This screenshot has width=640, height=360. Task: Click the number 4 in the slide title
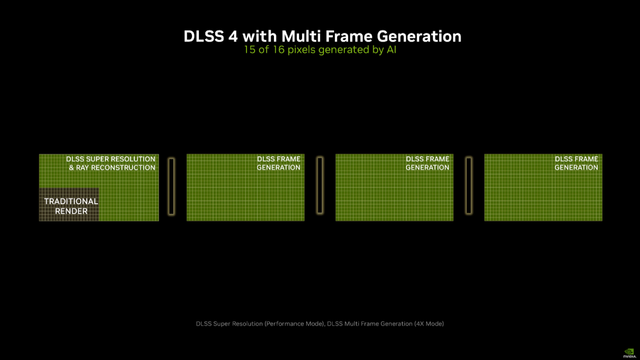click(x=233, y=37)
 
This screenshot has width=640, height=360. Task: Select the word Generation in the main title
click(x=419, y=37)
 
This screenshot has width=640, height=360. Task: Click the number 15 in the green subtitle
click(x=250, y=50)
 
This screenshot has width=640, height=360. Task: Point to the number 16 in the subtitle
click(x=279, y=50)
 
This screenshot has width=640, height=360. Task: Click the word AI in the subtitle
click(x=392, y=50)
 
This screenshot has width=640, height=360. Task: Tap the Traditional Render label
click(x=71, y=206)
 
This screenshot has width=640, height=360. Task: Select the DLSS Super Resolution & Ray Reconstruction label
click(x=111, y=163)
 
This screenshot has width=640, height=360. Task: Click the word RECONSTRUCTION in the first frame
click(x=123, y=167)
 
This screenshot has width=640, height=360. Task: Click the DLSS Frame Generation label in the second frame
click(x=279, y=163)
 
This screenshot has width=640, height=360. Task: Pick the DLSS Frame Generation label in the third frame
click(x=427, y=163)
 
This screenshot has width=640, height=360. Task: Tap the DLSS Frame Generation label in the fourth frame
click(x=577, y=163)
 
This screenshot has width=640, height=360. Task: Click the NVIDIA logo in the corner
click(x=629, y=353)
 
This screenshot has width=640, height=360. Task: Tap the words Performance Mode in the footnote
click(x=295, y=324)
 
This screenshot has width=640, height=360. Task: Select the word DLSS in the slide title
click(x=204, y=37)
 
